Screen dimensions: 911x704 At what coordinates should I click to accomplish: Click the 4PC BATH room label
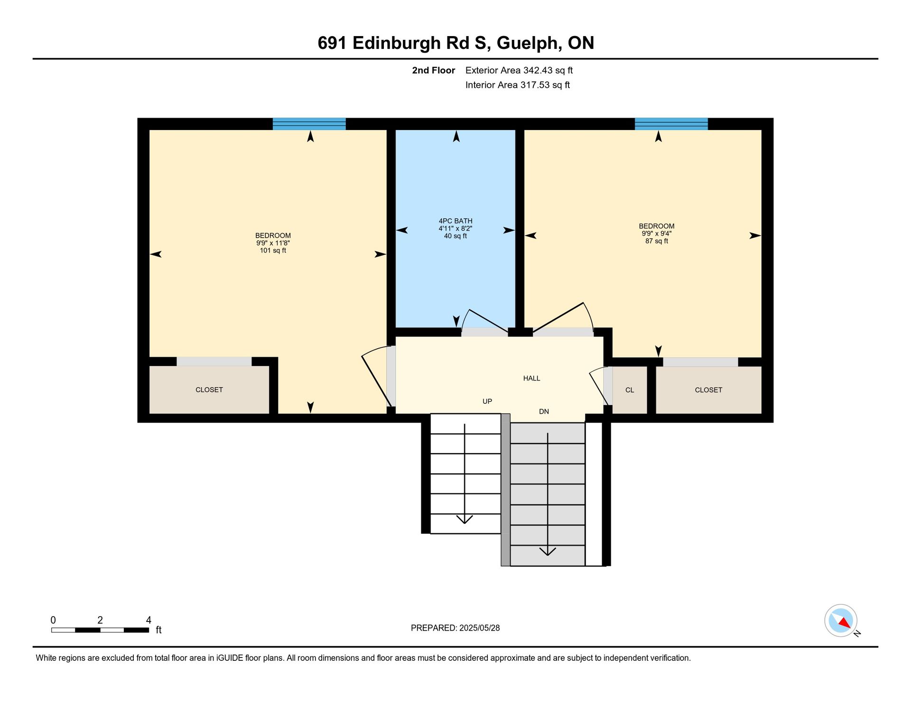pyautogui.click(x=455, y=221)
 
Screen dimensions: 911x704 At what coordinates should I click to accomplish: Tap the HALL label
pyautogui.click(x=531, y=379)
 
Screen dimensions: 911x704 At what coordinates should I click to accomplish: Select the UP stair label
pyautogui.click(x=487, y=401)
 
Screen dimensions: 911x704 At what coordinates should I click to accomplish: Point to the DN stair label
pyautogui.click(x=544, y=412)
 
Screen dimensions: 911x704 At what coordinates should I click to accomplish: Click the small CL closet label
pyautogui.click(x=630, y=390)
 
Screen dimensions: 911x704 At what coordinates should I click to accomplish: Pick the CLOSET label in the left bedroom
pyautogui.click(x=209, y=390)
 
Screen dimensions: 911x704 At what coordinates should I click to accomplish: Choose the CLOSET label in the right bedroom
pyautogui.click(x=708, y=390)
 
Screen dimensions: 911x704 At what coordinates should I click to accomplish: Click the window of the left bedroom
pyautogui.click(x=309, y=124)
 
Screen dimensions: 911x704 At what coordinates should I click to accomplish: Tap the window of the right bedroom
pyautogui.click(x=671, y=124)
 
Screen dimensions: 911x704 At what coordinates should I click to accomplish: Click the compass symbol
pyautogui.click(x=841, y=621)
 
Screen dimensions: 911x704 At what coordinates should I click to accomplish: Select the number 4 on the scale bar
pyautogui.click(x=149, y=620)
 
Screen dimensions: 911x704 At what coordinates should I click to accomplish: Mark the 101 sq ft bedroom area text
pyautogui.click(x=273, y=250)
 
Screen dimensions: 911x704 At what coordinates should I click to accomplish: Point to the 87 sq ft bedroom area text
pyautogui.click(x=657, y=241)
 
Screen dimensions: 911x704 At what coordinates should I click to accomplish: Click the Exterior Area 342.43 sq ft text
pyautogui.click(x=519, y=70)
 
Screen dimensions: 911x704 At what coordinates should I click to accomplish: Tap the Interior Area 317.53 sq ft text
pyautogui.click(x=518, y=85)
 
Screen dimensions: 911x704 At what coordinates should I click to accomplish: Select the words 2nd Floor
pyautogui.click(x=433, y=70)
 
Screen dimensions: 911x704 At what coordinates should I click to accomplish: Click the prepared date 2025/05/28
pyautogui.click(x=480, y=628)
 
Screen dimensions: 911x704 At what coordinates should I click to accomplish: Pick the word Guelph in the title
pyautogui.click(x=526, y=43)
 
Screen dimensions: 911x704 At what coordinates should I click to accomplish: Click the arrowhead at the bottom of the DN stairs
pyautogui.click(x=548, y=552)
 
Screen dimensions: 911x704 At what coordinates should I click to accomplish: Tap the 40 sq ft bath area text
pyautogui.click(x=455, y=236)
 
